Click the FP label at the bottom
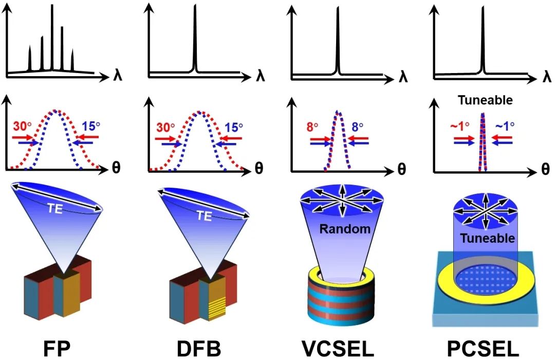[57, 349]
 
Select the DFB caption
[198, 349]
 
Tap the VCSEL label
[338, 349]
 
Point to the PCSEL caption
[483, 349]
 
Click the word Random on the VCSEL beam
[345, 229]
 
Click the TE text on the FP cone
[55, 209]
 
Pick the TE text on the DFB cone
[204, 215]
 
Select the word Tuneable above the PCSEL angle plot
[485, 100]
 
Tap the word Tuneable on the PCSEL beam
[487, 238]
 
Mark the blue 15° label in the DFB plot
[234, 127]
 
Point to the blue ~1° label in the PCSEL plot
[505, 126]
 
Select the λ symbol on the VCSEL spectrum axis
[403, 77]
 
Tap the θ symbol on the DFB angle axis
[258, 169]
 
